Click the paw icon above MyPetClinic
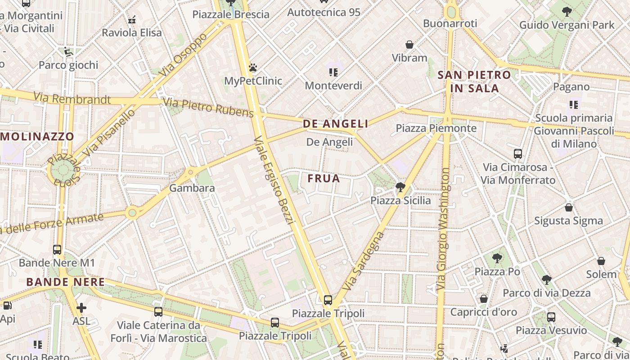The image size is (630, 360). (x=253, y=68)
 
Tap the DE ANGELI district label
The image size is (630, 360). (x=335, y=124)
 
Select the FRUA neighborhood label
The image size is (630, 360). (x=324, y=179)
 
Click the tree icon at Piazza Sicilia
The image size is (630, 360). (x=400, y=187)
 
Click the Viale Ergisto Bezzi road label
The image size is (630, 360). (x=274, y=180)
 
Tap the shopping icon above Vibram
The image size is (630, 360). (x=409, y=45)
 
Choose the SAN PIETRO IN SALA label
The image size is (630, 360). (x=474, y=81)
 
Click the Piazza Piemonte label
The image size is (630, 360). (x=436, y=128)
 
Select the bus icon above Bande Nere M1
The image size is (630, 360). (x=57, y=249)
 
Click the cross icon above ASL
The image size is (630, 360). (x=81, y=308)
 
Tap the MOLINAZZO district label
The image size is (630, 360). (x=37, y=136)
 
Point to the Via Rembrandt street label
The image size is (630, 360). (x=72, y=98)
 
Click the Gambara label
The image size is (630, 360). (x=192, y=188)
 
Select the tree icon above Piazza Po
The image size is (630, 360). (x=497, y=258)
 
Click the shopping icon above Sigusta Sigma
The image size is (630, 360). (x=569, y=207)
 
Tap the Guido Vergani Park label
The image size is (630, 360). (x=567, y=25)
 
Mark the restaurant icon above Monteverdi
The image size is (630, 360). (x=333, y=72)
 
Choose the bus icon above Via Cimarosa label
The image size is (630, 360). (x=518, y=154)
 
